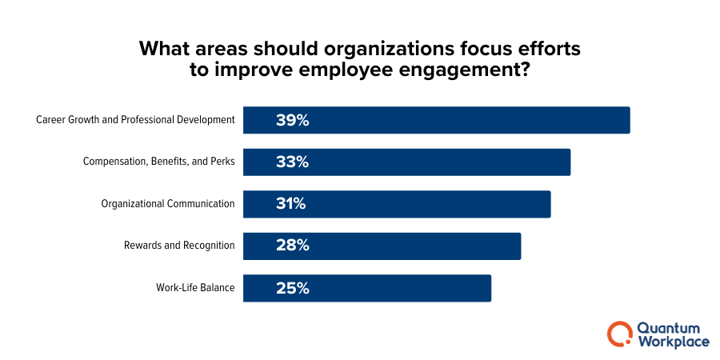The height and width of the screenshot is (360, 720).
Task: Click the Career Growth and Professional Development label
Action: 135,120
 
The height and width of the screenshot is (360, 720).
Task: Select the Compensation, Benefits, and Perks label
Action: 158,162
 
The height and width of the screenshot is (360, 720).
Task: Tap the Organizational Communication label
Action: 168,204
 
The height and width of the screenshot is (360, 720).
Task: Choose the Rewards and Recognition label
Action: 179,246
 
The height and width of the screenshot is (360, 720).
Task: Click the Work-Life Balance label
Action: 195,288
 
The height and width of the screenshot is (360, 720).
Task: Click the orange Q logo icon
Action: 619,334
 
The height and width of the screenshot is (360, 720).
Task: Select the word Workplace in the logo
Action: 673,342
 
